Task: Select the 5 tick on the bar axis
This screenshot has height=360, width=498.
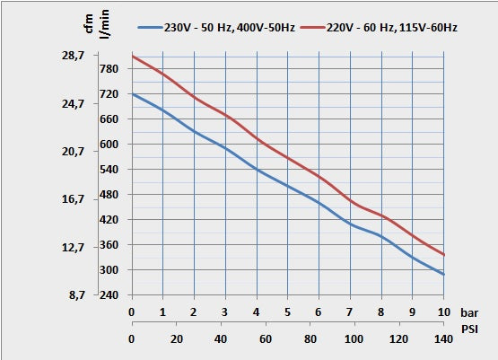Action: click(x=287, y=312)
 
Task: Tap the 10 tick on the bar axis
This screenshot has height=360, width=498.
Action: click(x=442, y=312)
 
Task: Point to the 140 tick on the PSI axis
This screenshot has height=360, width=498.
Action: click(x=442, y=338)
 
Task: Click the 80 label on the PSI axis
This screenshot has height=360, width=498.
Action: click(x=311, y=338)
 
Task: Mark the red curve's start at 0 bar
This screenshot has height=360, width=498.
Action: click(x=132, y=57)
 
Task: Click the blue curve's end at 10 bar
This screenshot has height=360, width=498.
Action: click(x=443, y=275)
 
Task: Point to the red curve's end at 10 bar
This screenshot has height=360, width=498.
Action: click(x=443, y=255)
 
